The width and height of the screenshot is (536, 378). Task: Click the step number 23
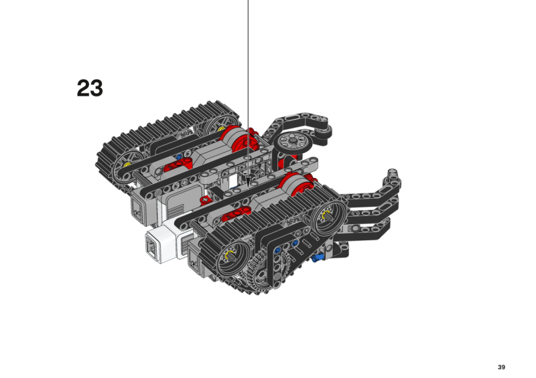click(x=90, y=88)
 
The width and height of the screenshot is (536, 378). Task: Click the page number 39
click(x=501, y=367)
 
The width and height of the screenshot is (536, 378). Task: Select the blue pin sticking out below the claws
click(x=318, y=258)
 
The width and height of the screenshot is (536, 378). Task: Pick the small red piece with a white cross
click(x=206, y=200)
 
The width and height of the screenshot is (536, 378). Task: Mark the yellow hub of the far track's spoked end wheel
click(x=127, y=164)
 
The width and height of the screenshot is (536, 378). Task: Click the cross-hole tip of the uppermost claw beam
click(x=393, y=173)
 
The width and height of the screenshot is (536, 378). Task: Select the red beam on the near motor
click(x=236, y=214)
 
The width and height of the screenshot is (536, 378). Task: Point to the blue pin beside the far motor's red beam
click(x=178, y=157)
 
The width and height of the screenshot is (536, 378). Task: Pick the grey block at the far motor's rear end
click(x=142, y=208)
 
